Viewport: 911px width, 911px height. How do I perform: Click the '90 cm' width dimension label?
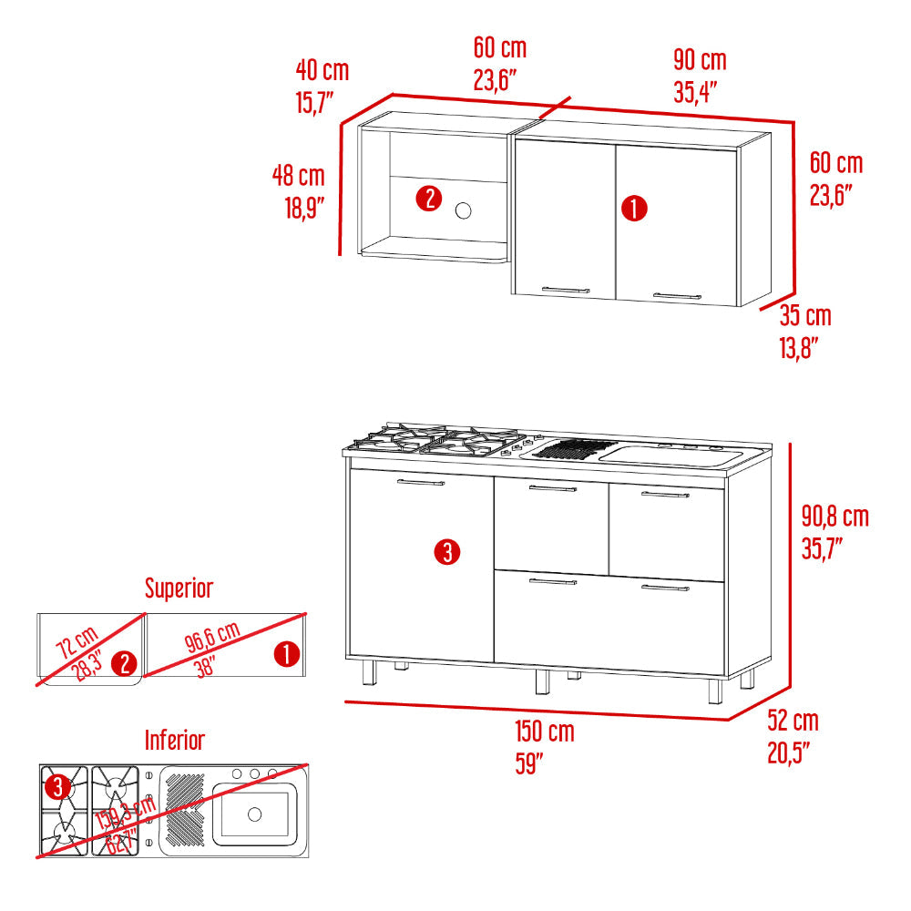click(x=700, y=60)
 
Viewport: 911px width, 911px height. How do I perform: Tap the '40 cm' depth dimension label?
click(x=322, y=70)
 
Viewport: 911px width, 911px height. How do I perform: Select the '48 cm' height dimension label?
click(x=299, y=176)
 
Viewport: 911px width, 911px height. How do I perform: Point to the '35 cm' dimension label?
click(x=805, y=315)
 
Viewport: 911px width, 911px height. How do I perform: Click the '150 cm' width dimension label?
click(x=545, y=731)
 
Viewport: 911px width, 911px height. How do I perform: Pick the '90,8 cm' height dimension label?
click(x=834, y=516)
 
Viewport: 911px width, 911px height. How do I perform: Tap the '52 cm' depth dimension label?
click(x=793, y=721)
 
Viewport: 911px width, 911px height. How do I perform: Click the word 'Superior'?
click(x=179, y=588)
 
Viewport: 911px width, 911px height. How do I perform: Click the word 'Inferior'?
click(x=175, y=740)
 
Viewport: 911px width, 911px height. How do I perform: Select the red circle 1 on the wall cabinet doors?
click(x=634, y=208)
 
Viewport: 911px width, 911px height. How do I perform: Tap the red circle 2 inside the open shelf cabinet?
click(x=429, y=199)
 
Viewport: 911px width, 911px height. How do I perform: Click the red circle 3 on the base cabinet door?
click(x=447, y=552)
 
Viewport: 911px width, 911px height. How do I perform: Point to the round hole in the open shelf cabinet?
click(x=464, y=211)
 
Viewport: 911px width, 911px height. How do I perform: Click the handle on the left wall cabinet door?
click(x=566, y=290)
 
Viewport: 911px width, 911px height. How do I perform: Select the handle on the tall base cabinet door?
click(x=421, y=482)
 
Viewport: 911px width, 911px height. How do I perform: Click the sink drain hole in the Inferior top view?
click(x=254, y=814)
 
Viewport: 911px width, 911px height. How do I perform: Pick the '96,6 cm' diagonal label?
click(x=212, y=636)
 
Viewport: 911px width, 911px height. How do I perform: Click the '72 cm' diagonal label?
click(x=77, y=642)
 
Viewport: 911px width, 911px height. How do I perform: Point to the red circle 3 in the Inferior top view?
click(x=57, y=788)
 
